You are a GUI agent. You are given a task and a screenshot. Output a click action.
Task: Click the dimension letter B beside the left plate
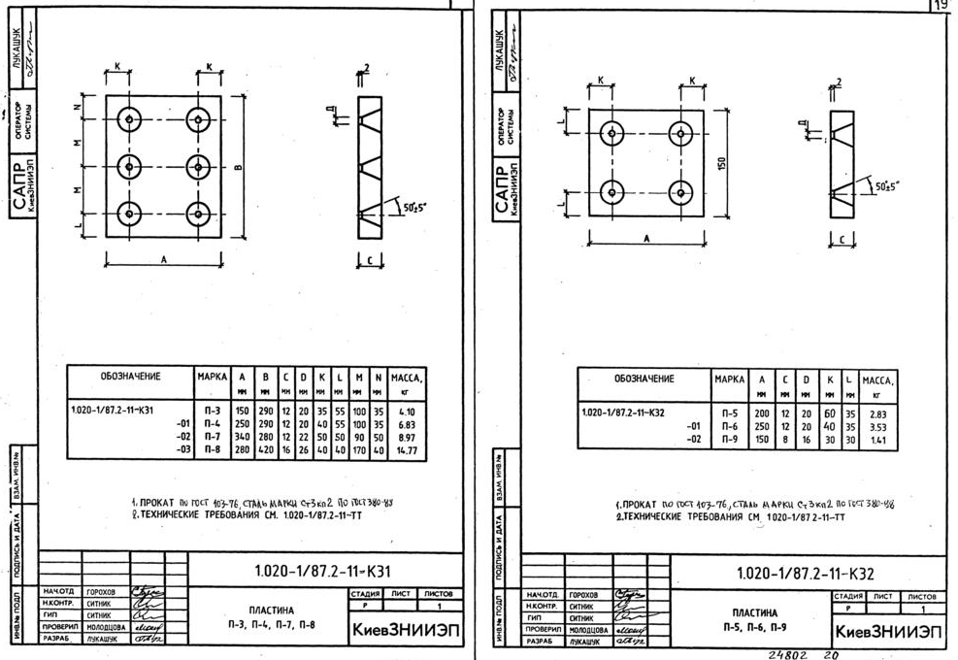[x=238, y=166]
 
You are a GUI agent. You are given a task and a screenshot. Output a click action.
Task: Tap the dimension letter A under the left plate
[x=163, y=259]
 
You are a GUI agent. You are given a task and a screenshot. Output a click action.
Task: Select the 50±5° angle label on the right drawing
[x=885, y=184]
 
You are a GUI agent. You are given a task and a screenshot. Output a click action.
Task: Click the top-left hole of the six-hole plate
[x=130, y=121]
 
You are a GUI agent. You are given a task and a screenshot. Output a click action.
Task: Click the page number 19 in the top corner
[x=941, y=6]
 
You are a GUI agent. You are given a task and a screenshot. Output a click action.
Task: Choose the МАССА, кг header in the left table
[x=408, y=380]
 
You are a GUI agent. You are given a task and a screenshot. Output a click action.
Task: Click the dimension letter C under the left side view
[x=372, y=259]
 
